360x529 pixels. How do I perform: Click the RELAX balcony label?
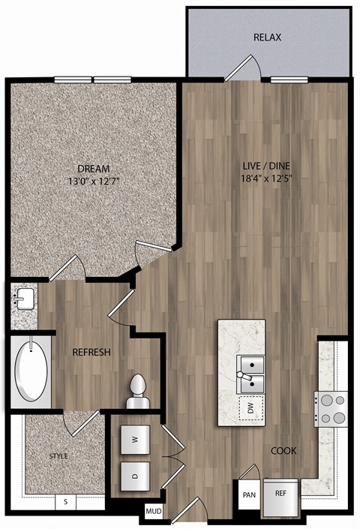268,37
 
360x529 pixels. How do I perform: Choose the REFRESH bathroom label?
91,352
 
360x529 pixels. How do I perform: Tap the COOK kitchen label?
284,451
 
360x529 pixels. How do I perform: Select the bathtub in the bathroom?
29,371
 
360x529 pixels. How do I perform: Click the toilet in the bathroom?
136,392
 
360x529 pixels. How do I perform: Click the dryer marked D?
135,474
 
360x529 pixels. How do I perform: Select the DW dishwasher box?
248,408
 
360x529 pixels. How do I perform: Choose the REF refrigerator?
280,495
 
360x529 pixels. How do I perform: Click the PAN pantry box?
249,495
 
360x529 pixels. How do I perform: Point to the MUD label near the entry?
153,512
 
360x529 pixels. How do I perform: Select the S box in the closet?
66,501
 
